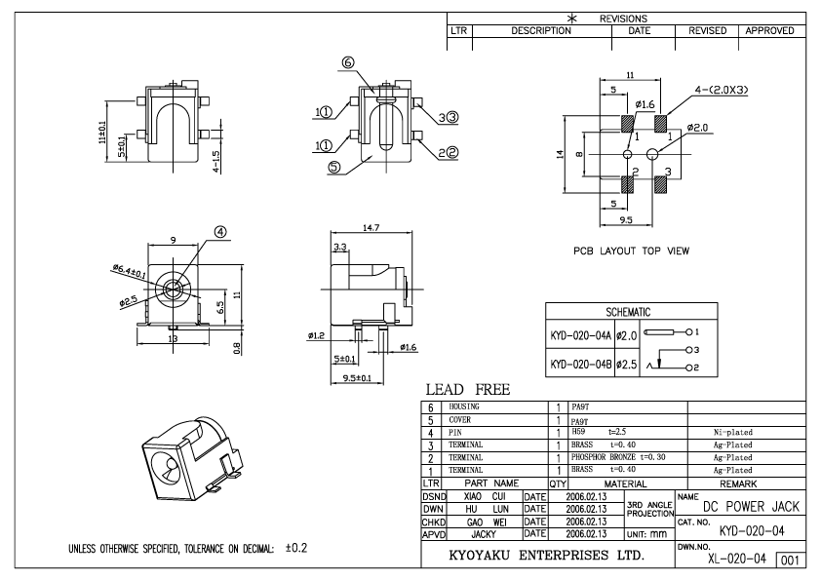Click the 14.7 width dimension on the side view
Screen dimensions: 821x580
371,227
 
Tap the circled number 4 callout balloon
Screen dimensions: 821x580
220,232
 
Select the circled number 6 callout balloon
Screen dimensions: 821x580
348,62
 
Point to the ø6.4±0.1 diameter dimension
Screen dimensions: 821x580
129,271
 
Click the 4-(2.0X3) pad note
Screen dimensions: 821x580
722,90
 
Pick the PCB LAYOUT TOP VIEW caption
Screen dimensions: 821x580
631,251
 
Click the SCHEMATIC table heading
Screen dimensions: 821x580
628,312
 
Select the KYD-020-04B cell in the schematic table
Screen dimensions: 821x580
580,364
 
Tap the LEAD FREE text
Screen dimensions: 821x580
468,390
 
